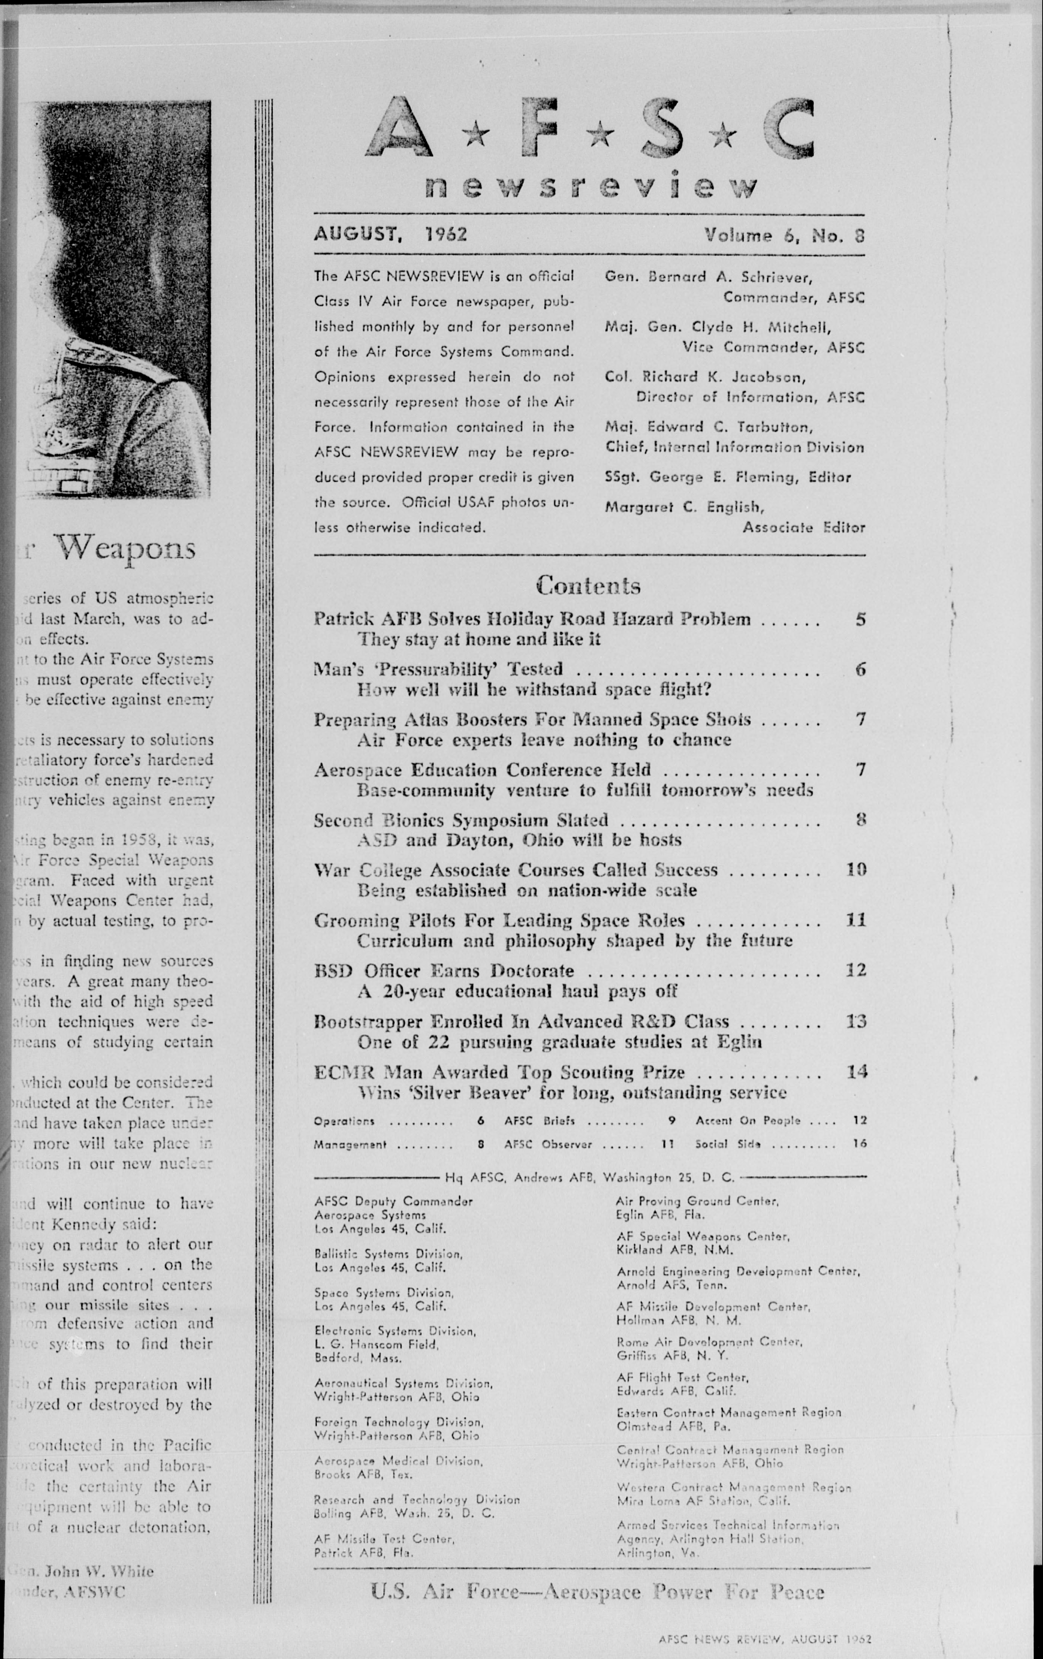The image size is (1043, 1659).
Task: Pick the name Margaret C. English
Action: pyautogui.click(x=684, y=507)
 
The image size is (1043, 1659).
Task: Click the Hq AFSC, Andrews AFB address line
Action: pyautogui.click(x=590, y=1178)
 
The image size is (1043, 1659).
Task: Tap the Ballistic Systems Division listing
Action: pyautogui.click(x=388, y=1261)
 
